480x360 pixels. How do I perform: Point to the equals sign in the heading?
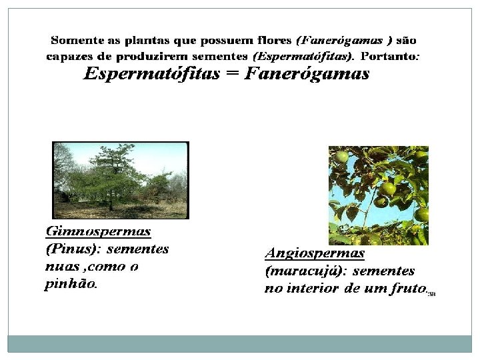[x=231, y=74]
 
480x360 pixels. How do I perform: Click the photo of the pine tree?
[x=121, y=180]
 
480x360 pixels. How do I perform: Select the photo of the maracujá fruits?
[x=378, y=195]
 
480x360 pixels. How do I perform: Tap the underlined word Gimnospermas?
[x=98, y=232]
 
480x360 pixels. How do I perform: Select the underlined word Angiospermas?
[x=315, y=253]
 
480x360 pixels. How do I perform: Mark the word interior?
[x=312, y=289]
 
